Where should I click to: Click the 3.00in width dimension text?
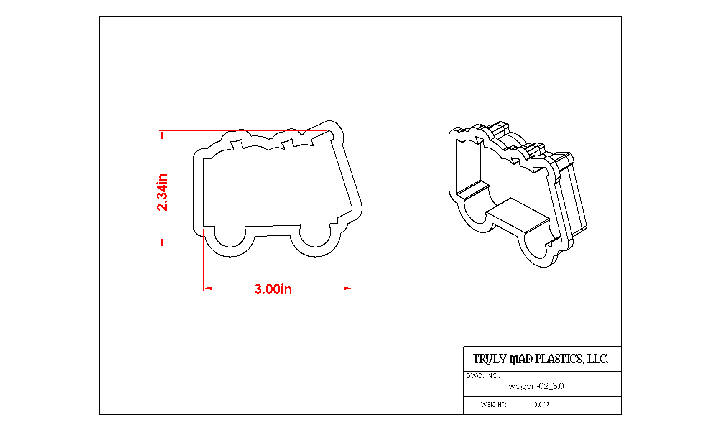[273, 289]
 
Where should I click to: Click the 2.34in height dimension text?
[162, 192]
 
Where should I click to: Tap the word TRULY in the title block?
[490, 359]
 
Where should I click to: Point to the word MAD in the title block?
[521, 359]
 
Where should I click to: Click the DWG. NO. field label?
[483, 376]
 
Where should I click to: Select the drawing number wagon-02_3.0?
[536, 386]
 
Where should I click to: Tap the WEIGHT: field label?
[493, 405]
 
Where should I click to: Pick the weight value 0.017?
[541, 405]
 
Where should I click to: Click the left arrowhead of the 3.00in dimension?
[207, 288]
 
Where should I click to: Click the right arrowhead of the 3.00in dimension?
[348, 288]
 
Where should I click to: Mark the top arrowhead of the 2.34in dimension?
[162, 135]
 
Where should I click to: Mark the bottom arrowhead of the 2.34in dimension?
[162, 243]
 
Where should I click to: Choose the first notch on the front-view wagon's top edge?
[237, 144]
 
